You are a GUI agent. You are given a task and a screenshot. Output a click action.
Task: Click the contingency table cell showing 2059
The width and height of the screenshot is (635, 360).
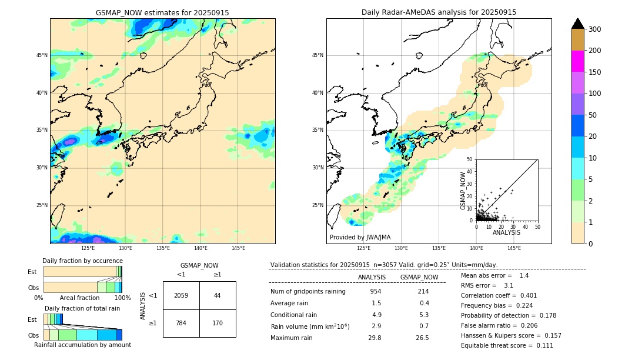coord(181,295)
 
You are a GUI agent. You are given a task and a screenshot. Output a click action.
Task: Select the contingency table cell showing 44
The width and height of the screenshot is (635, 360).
coord(218,295)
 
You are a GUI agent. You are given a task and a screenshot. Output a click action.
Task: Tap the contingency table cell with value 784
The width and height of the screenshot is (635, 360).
coord(181,323)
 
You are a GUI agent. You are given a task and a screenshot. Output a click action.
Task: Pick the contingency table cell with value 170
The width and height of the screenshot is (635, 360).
coord(218,323)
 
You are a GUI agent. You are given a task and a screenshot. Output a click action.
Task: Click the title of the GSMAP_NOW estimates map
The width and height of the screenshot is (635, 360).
coord(162,13)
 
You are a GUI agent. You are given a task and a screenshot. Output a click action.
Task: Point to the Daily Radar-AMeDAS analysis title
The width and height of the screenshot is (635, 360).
coord(439,12)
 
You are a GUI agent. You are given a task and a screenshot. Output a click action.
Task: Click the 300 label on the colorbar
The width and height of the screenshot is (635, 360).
coord(594,29)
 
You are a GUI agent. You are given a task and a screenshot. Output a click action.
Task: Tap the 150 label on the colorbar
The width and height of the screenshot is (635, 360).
coord(594,72)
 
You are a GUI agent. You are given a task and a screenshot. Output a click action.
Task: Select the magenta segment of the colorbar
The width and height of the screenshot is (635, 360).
coord(577,61)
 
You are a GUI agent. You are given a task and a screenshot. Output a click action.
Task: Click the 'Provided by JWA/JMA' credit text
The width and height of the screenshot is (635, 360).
coord(360,238)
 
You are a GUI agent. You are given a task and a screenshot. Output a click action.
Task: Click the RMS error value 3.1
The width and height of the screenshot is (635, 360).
coord(509,286)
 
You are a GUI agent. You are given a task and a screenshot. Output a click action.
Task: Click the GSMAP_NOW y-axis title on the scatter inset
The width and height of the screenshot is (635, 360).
coord(463,191)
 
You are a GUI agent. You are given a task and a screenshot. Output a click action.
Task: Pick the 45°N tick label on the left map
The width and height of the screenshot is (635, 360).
coord(42,55)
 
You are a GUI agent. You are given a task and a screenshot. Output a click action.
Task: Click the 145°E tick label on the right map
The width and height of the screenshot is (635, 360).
coord(514,248)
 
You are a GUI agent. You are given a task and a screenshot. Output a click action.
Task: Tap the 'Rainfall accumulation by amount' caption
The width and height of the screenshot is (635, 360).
coord(82,345)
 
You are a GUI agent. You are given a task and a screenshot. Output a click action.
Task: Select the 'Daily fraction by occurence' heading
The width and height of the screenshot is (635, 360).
coord(82,261)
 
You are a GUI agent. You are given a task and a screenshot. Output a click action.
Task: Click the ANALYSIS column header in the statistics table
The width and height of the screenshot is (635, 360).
coord(372,278)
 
